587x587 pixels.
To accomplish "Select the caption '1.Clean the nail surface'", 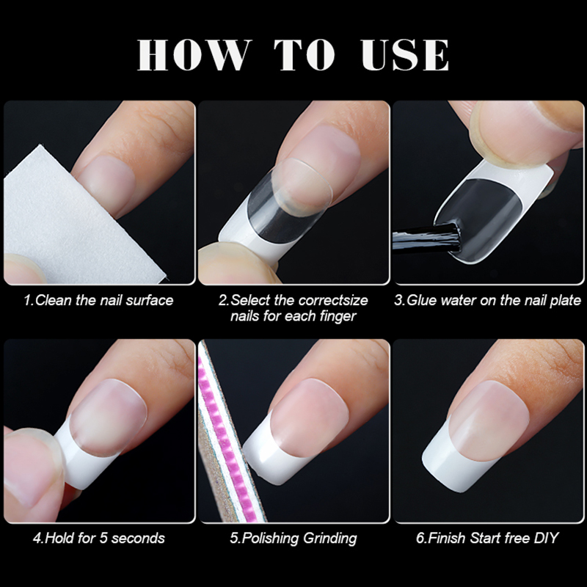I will (x=99, y=300).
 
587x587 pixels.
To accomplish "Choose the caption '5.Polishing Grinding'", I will (x=293, y=538).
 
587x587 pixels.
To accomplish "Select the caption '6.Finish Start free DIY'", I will (x=487, y=538).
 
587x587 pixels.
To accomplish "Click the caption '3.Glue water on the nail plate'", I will (x=487, y=300).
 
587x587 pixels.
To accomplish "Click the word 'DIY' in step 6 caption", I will (x=546, y=538).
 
